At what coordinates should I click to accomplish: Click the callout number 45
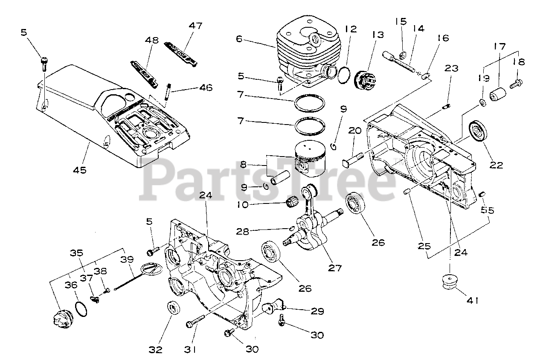point(79,169)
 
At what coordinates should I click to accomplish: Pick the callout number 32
point(156,350)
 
